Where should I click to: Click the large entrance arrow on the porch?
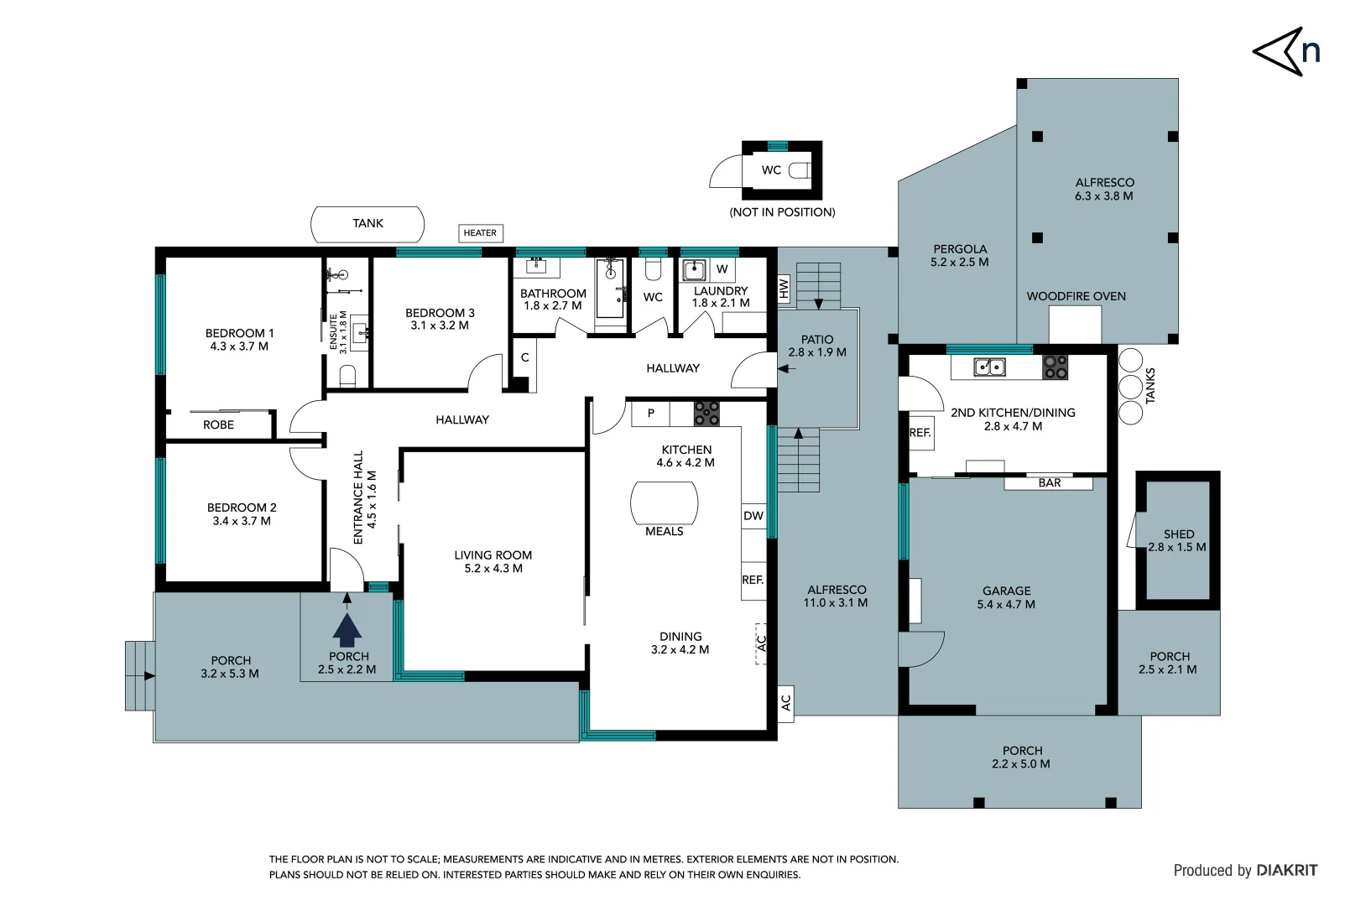[347, 628]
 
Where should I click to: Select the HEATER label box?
[480, 233]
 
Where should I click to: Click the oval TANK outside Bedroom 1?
[368, 224]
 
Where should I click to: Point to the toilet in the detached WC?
[800, 170]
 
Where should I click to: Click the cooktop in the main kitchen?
[706, 414]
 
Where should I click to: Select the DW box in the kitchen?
[753, 516]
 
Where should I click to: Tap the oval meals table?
[664, 503]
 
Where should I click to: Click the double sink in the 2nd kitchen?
[989, 367]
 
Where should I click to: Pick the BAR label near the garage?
[1049, 483]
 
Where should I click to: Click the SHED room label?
[1178, 534]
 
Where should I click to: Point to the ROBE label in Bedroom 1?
[218, 425]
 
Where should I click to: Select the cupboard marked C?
[524, 358]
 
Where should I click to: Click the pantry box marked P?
[650, 414]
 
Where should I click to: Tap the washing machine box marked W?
[722, 269]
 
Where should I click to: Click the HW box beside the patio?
[784, 289]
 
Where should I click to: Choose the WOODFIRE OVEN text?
[1076, 296]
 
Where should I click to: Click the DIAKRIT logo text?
[1286, 871]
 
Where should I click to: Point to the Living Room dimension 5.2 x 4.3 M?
[493, 569]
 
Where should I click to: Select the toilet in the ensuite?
[348, 375]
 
